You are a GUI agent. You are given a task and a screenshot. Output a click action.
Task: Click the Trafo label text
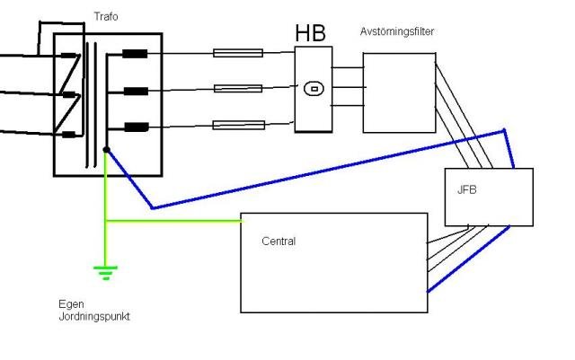(x=106, y=16)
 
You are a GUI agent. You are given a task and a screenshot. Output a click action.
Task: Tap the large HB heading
(x=310, y=32)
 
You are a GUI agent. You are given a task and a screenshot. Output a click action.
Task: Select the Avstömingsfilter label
(x=397, y=31)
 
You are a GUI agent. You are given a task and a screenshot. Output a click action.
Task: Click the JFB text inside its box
(x=467, y=189)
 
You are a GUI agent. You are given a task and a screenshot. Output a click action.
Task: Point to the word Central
(x=279, y=241)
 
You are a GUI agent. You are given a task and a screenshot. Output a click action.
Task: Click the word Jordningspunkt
(x=94, y=316)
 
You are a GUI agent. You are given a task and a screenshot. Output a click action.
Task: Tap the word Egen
(x=72, y=304)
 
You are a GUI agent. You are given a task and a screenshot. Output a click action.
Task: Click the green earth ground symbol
(x=106, y=273)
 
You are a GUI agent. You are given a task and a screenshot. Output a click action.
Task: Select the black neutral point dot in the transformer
(x=106, y=150)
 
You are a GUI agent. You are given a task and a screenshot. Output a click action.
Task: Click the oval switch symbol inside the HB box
(x=314, y=89)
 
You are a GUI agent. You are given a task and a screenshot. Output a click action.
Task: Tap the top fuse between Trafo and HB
(x=238, y=53)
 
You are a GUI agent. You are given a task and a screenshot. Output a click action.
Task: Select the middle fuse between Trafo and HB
(x=238, y=88)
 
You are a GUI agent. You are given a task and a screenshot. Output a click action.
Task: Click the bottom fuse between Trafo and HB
(x=239, y=125)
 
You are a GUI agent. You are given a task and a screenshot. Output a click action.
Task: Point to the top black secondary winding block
(x=135, y=54)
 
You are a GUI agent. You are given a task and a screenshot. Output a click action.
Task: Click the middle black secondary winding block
(x=136, y=91)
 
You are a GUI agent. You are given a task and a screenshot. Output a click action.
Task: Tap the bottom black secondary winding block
(x=137, y=127)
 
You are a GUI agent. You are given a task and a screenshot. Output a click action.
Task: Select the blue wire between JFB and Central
(x=468, y=259)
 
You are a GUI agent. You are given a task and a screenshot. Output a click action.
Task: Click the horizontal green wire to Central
(x=173, y=221)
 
